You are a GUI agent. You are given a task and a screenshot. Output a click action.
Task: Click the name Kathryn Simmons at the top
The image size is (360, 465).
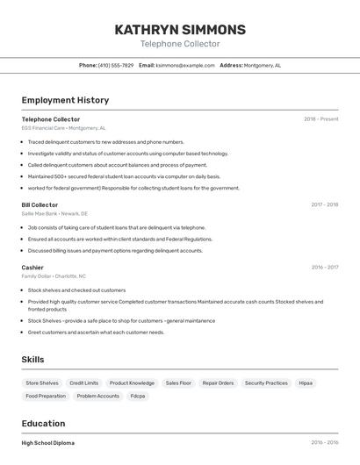coord(180,30)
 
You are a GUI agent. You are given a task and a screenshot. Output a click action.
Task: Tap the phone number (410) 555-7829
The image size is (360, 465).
coord(116,66)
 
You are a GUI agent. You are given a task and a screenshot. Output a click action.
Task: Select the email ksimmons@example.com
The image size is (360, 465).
coord(185,66)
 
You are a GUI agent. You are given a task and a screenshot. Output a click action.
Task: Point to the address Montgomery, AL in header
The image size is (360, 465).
coord(262,66)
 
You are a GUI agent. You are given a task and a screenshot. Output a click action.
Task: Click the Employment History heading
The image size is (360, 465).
coord(65,100)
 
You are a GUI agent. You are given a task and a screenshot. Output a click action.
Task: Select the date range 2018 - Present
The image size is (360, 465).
coord(320,119)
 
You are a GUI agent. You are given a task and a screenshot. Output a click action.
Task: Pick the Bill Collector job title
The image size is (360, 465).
coord(40,205)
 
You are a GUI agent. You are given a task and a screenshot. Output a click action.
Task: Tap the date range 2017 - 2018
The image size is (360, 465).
coord(324,205)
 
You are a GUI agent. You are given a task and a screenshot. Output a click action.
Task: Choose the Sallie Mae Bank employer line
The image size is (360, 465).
coord(54,214)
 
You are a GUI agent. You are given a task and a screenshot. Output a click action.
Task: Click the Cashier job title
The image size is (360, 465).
coord(32,268)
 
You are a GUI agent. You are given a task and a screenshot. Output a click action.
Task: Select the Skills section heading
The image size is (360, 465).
coord(32,360)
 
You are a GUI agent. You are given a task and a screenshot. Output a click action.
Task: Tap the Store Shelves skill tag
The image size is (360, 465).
coord(42,383)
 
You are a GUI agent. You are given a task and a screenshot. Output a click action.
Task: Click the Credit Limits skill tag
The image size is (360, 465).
coord(84,383)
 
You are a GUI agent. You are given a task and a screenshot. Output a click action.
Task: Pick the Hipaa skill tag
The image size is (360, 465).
coord(306,383)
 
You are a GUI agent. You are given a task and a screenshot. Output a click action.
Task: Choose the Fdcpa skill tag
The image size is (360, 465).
coord(138,397)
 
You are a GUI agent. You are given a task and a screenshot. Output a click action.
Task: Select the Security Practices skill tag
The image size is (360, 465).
coord(266,383)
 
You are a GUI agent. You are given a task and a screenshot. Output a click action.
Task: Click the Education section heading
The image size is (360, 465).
coord(43,423)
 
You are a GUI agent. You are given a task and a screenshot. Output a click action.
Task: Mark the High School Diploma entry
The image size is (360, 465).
coord(48,443)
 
